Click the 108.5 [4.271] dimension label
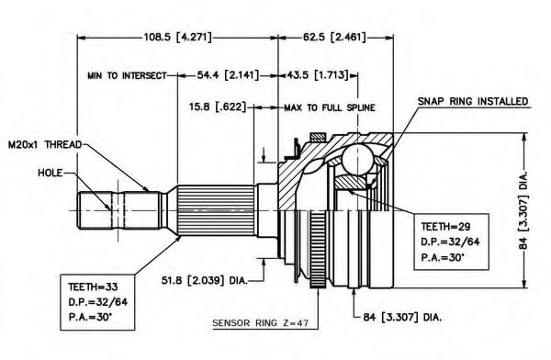(x=178, y=37)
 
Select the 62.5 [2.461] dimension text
(x=334, y=37)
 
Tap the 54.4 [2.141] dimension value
(x=228, y=75)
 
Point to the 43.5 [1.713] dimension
(x=318, y=75)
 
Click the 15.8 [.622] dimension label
(x=218, y=107)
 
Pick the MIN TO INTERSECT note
(x=127, y=75)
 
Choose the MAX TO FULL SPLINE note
(x=330, y=107)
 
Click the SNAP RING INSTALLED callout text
(x=473, y=101)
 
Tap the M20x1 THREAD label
(x=45, y=144)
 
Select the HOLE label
(x=51, y=173)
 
